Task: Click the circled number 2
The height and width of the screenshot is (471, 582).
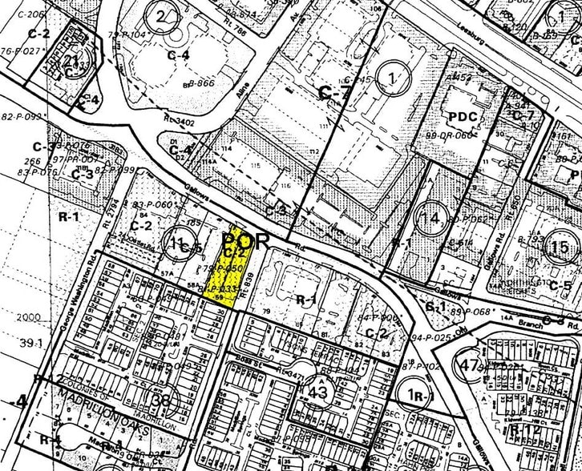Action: (164, 16)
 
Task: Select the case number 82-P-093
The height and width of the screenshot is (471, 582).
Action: (20, 116)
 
